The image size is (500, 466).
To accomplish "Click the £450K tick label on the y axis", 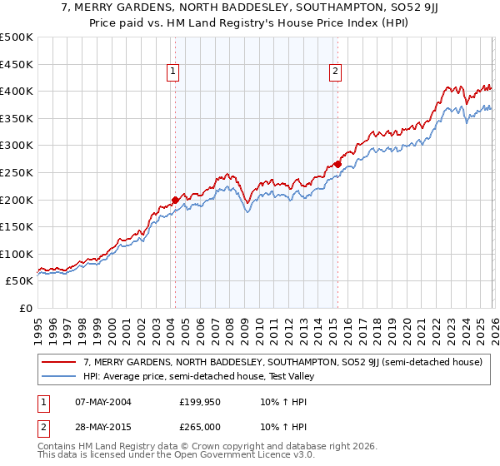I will click(x=17, y=64).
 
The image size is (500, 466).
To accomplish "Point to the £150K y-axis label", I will click(x=17, y=226).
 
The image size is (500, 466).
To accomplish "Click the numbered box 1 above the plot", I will click(x=173, y=72).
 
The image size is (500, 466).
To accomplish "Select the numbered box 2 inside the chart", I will click(x=336, y=72).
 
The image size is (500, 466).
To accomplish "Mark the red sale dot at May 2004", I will click(x=175, y=200).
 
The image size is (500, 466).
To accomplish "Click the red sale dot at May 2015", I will click(x=337, y=164).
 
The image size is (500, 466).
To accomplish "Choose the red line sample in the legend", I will click(x=59, y=362).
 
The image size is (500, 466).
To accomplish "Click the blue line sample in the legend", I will click(x=59, y=376).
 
